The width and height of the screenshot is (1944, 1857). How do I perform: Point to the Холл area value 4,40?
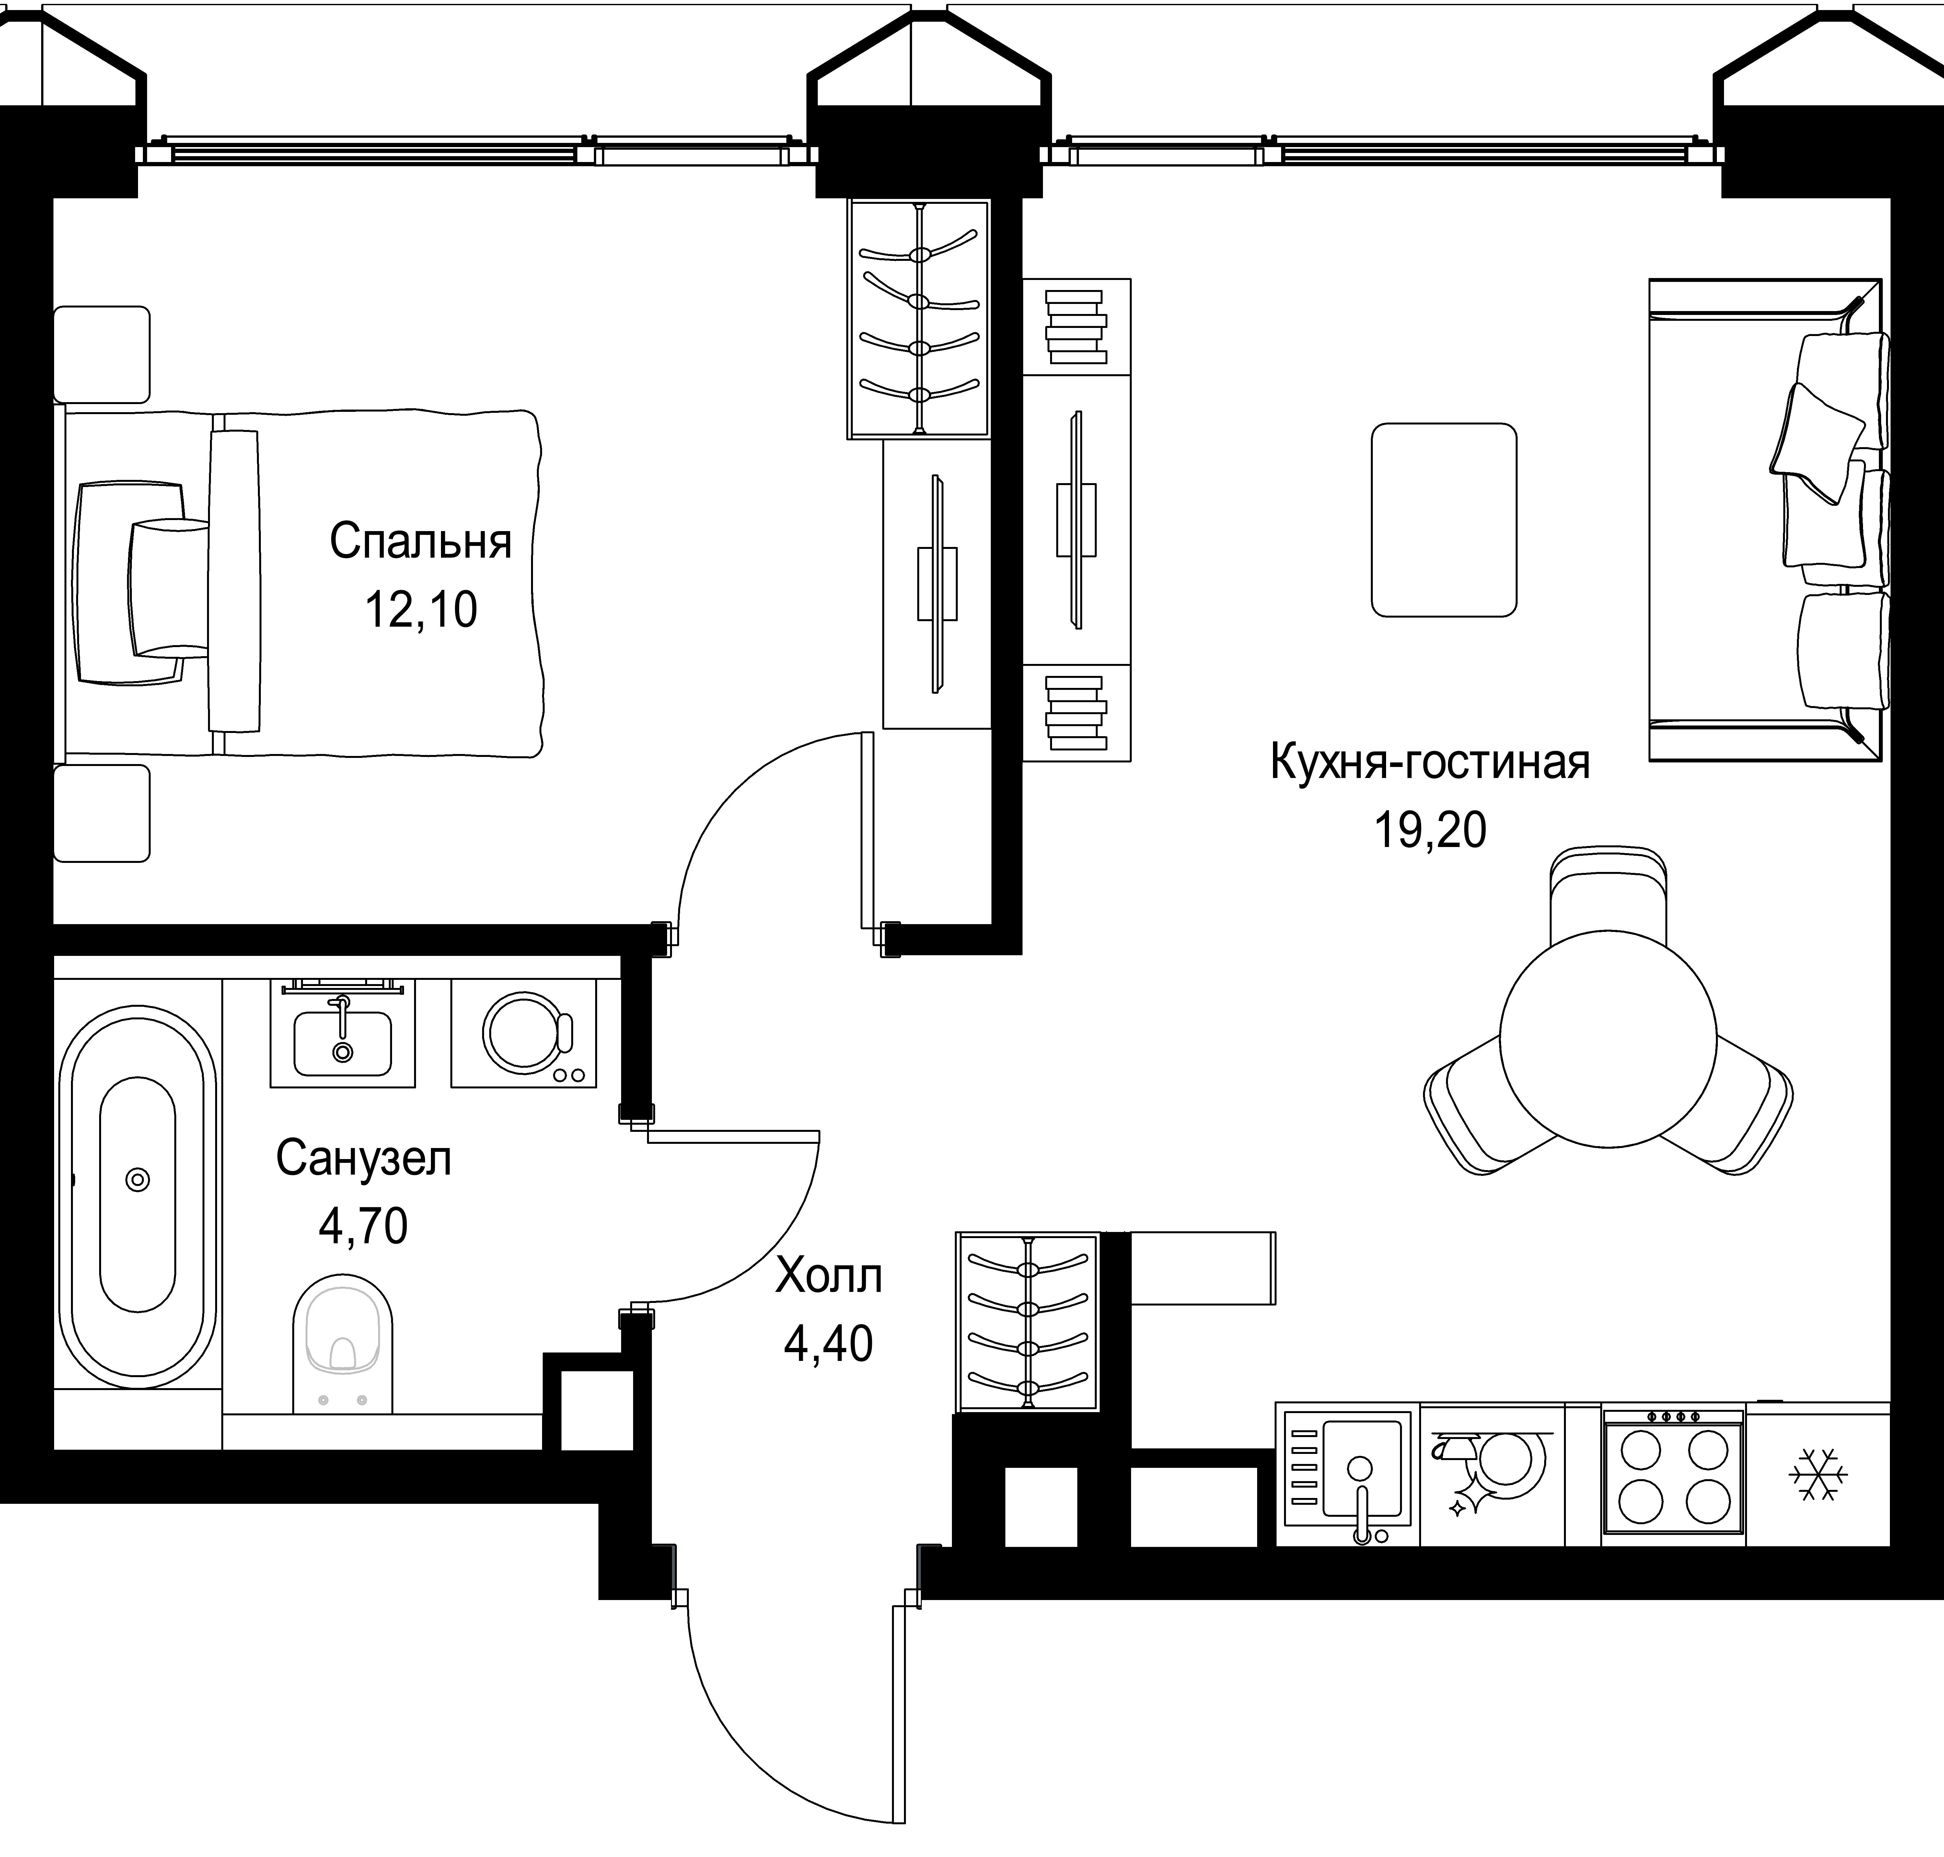(x=828, y=1343)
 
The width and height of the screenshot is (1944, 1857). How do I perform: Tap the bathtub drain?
(x=138, y=1179)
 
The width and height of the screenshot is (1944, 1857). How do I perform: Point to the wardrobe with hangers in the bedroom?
(x=919, y=319)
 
